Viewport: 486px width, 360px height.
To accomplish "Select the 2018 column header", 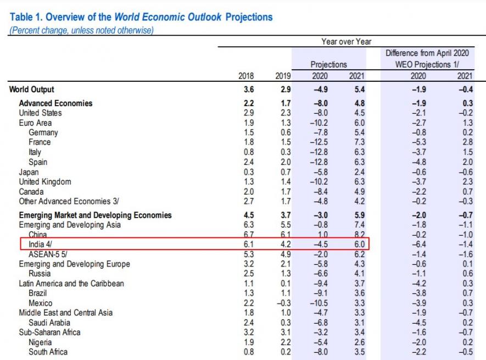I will point(245,76).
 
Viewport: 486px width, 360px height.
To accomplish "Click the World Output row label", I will point(32,90).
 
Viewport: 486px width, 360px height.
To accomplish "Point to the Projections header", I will point(328,64).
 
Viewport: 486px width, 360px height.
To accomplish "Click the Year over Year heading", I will point(346,42).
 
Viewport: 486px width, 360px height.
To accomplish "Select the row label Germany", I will point(43,132).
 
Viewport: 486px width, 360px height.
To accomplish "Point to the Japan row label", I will point(30,172).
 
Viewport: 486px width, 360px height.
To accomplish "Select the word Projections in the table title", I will point(249,17).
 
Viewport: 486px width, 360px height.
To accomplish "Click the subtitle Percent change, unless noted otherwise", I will point(81,30).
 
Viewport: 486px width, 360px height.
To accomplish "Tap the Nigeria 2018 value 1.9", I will point(248,342).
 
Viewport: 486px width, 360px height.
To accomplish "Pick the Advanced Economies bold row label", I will point(55,103).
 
